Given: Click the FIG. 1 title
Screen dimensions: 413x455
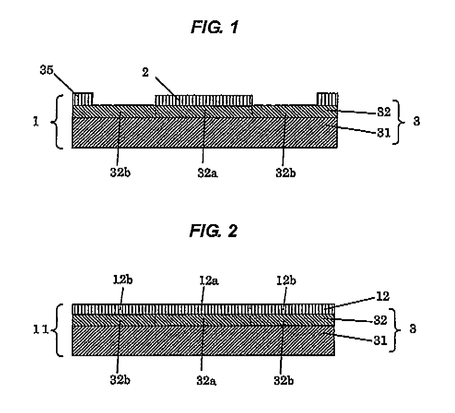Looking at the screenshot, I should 214,28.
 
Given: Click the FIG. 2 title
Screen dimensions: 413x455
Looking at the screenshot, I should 214,231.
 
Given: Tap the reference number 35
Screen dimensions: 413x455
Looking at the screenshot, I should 46,70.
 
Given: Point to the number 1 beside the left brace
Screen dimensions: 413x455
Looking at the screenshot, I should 36,122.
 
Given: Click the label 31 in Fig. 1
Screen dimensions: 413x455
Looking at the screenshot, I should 383,133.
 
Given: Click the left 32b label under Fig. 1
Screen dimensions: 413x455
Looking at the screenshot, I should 120,173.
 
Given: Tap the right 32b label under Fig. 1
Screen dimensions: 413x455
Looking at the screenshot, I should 285,173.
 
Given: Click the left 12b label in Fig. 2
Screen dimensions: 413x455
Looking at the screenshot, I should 122,280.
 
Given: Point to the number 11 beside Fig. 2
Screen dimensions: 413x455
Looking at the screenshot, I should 41,330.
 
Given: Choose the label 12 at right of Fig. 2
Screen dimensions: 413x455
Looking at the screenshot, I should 382,296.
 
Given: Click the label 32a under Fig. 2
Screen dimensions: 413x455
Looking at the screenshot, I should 206,380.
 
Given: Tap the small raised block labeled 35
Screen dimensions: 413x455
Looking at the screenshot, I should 83,99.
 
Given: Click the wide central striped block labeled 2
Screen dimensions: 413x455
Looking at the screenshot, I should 203,100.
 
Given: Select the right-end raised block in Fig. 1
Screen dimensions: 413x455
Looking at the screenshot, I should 328,99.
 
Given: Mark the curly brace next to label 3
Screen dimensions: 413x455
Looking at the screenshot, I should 400,122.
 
